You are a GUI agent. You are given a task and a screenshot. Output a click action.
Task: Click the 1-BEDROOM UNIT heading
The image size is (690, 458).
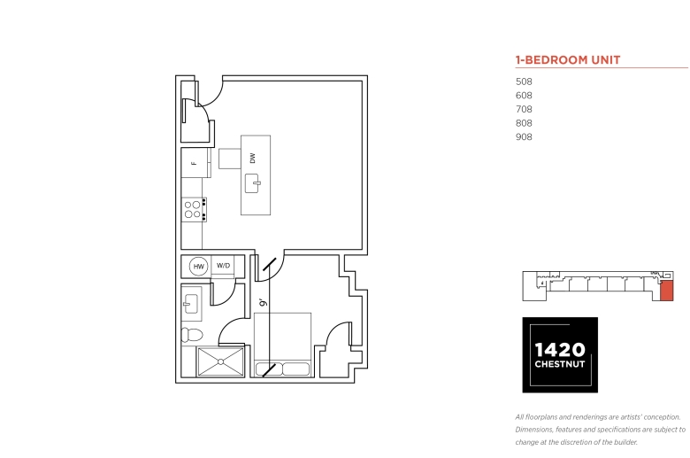568,60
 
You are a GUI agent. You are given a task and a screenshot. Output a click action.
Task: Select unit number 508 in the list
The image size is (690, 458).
524,82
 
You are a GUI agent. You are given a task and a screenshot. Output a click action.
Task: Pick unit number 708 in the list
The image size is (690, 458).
524,109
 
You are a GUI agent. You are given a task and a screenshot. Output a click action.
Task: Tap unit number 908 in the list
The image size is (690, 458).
524,136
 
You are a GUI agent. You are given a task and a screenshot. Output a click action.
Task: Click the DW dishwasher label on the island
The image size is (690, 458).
253,158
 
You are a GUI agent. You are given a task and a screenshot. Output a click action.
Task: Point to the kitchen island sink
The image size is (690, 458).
253,183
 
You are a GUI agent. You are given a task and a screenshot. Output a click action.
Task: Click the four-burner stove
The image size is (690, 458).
194,209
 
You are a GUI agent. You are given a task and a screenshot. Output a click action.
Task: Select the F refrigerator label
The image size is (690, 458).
194,164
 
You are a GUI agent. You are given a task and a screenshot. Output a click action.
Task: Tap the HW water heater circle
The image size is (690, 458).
198,267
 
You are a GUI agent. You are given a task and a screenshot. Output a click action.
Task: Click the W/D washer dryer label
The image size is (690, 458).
223,266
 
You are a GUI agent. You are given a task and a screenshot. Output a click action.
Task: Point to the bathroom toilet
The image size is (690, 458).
192,335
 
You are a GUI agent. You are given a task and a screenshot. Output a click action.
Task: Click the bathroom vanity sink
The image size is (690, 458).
191,304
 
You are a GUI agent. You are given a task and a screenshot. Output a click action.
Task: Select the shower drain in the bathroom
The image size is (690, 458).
220,362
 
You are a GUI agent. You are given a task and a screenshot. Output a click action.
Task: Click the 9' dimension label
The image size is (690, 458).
263,302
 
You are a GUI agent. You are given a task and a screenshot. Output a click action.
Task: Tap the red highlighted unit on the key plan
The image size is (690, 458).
667,291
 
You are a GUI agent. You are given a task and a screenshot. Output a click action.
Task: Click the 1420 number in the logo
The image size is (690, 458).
560,350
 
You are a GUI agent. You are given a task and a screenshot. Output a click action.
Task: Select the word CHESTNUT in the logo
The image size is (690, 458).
560,364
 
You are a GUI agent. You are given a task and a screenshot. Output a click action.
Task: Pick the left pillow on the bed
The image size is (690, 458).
268,369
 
